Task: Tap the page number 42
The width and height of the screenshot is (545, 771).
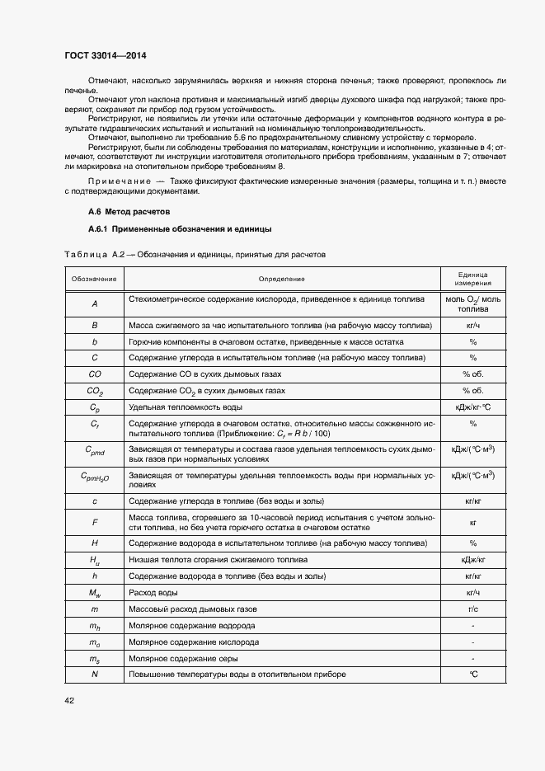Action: pyautogui.click(x=69, y=700)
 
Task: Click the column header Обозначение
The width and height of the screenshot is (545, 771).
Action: pyautogui.click(x=93, y=279)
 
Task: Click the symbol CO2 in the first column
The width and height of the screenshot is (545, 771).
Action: pyautogui.click(x=95, y=391)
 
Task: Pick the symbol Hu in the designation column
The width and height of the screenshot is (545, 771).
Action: pyautogui.click(x=95, y=560)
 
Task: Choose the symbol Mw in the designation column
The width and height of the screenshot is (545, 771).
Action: pyautogui.click(x=95, y=593)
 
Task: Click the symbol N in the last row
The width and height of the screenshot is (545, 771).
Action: pyautogui.click(x=95, y=675)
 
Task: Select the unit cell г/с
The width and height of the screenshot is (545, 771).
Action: pyautogui.click(x=473, y=609)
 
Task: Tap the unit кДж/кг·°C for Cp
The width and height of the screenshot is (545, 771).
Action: pyautogui.click(x=473, y=407)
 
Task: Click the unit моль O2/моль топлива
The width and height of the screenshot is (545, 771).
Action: pyautogui.click(x=473, y=303)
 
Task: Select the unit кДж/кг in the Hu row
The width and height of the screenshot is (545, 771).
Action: pyautogui.click(x=473, y=560)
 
